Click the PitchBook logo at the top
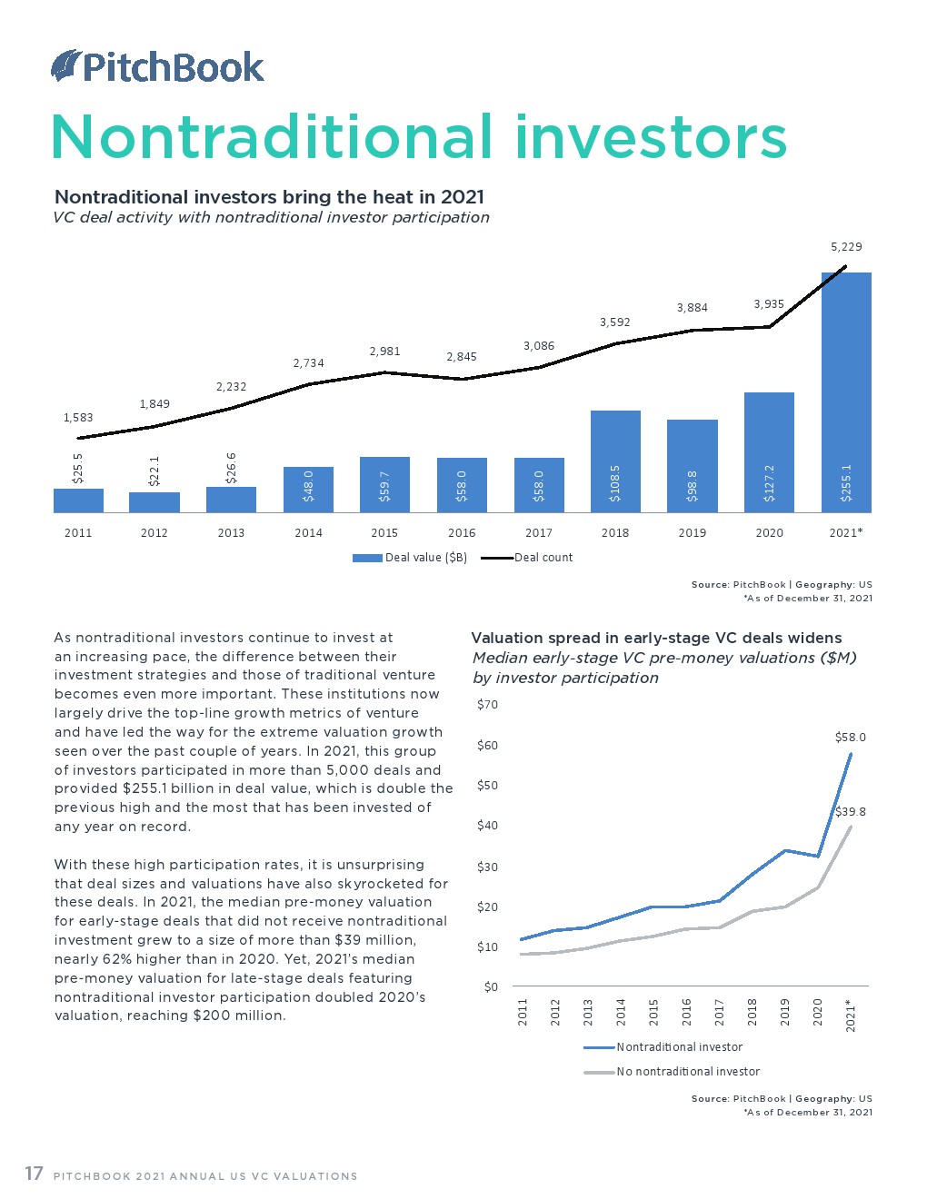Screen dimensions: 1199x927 [157, 66]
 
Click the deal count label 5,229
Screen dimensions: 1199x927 [846, 246]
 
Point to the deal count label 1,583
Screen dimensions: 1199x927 [78, 418]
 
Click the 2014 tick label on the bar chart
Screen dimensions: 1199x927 [308, 532]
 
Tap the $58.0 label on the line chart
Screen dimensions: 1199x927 [850, 738]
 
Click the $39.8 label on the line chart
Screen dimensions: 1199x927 [850, 812]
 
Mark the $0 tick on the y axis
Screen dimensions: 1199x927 [491, 986]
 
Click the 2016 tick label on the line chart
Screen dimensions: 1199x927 [686, 1011]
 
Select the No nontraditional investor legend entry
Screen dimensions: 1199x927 [688, 1072]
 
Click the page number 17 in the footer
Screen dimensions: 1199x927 [34, 1174]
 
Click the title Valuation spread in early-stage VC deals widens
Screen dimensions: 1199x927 [656, 638]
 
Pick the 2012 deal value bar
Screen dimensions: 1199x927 [154, 502]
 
